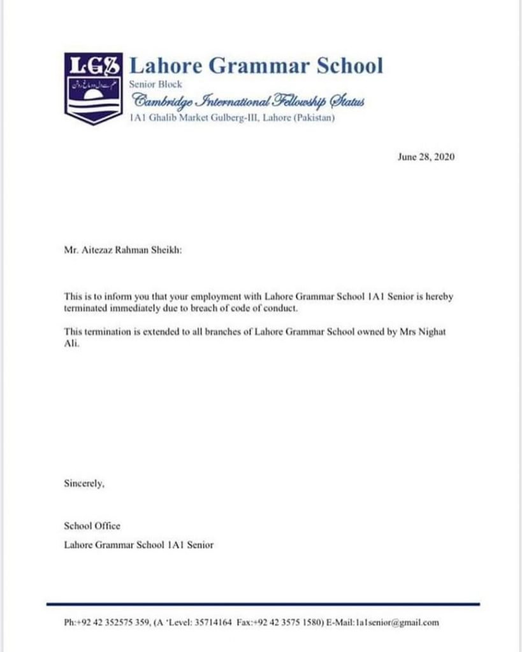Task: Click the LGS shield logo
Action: coord(94,88)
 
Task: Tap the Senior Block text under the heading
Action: coord(156,85)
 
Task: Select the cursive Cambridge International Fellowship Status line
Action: coord(247,101)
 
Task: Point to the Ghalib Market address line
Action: coord(231,118)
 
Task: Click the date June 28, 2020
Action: coord(426,157)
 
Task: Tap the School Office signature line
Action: coord(92,526)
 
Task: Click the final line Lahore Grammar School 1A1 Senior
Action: coord(138,545)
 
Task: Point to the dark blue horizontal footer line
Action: coord(263,604)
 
